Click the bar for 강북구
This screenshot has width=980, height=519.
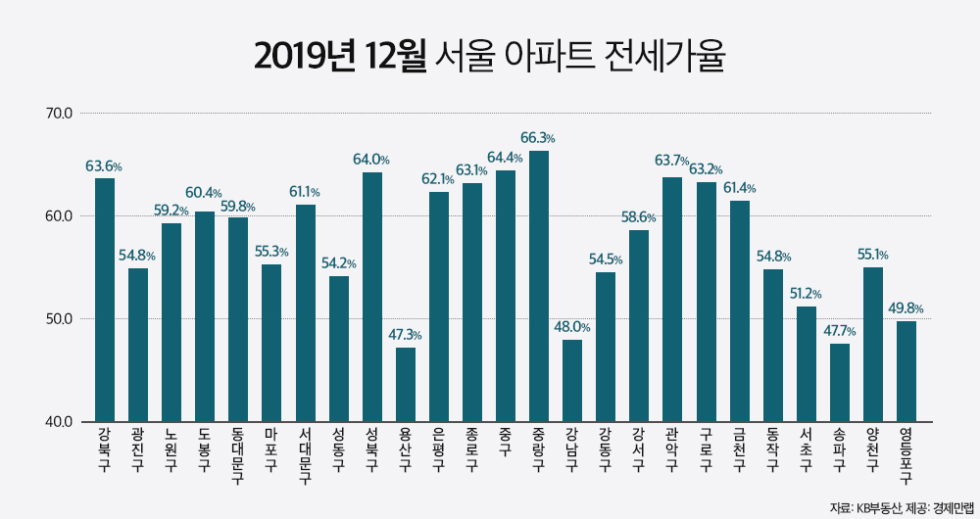[105, 300]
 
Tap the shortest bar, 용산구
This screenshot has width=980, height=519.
[406, 384]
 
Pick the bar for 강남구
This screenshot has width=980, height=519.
[572, 380]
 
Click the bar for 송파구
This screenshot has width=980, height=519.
[839, 382]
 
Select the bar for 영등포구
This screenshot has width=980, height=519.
[906, 371]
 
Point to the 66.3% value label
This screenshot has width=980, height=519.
[538, 138]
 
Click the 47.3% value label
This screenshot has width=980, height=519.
[405, 335]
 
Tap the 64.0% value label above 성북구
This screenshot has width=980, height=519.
[371, 160]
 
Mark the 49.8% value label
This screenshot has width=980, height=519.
[906, 308]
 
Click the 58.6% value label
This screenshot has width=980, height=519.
[639, 217]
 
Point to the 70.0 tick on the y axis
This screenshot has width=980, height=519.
[60, 113]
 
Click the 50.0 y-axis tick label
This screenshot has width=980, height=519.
[60, 319]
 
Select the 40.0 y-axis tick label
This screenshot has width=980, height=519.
[60, 422]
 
